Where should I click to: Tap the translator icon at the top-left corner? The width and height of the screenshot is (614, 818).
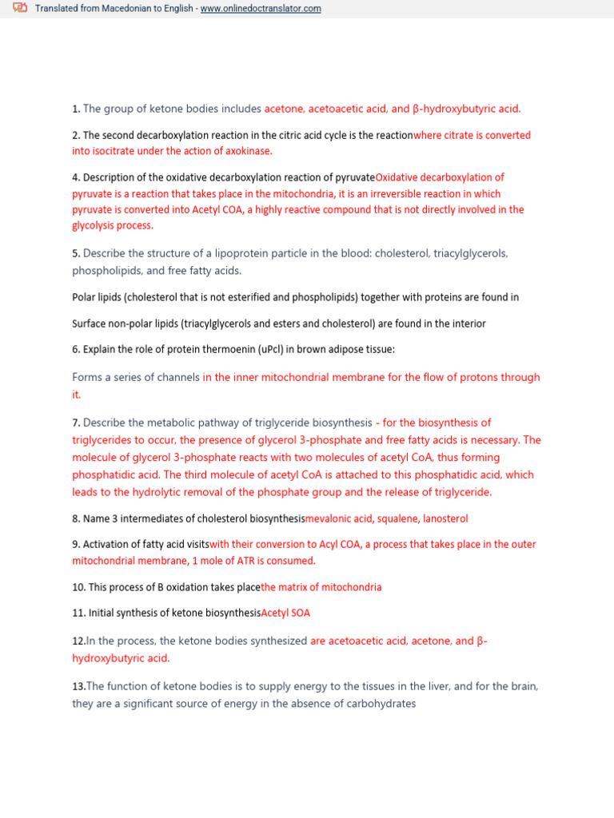click(20, 9)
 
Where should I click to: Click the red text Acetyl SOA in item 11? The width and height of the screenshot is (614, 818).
click(285, 613)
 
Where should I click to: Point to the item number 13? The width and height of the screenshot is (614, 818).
click(78, 686)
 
